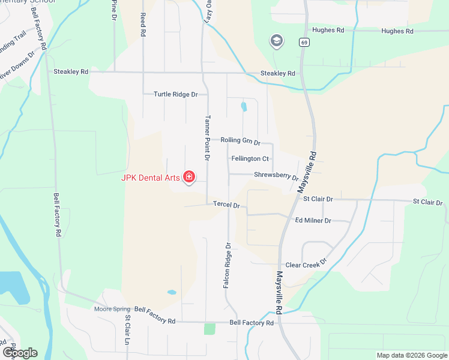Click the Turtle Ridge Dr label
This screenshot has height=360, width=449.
point(175,94)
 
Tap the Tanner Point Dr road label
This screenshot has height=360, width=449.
point(207,138)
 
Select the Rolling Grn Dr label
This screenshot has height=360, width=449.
point(240,141)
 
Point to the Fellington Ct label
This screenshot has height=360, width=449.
point(250,158)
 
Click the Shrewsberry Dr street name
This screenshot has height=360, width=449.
point(276,176)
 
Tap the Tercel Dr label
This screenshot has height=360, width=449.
point(226,205)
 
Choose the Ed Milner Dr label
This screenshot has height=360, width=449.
point(313,221)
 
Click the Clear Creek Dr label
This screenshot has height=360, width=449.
point(306,265)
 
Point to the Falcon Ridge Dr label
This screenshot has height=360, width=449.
point(227,266)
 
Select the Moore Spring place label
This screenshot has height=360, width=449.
point(112,310)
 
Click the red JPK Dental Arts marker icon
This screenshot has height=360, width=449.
point(189,176)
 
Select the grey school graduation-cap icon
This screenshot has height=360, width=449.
point(276,41)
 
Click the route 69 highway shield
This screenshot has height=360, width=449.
point(305,42)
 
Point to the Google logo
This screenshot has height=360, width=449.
point(20,353)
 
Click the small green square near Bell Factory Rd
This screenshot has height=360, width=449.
point(209,329)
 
